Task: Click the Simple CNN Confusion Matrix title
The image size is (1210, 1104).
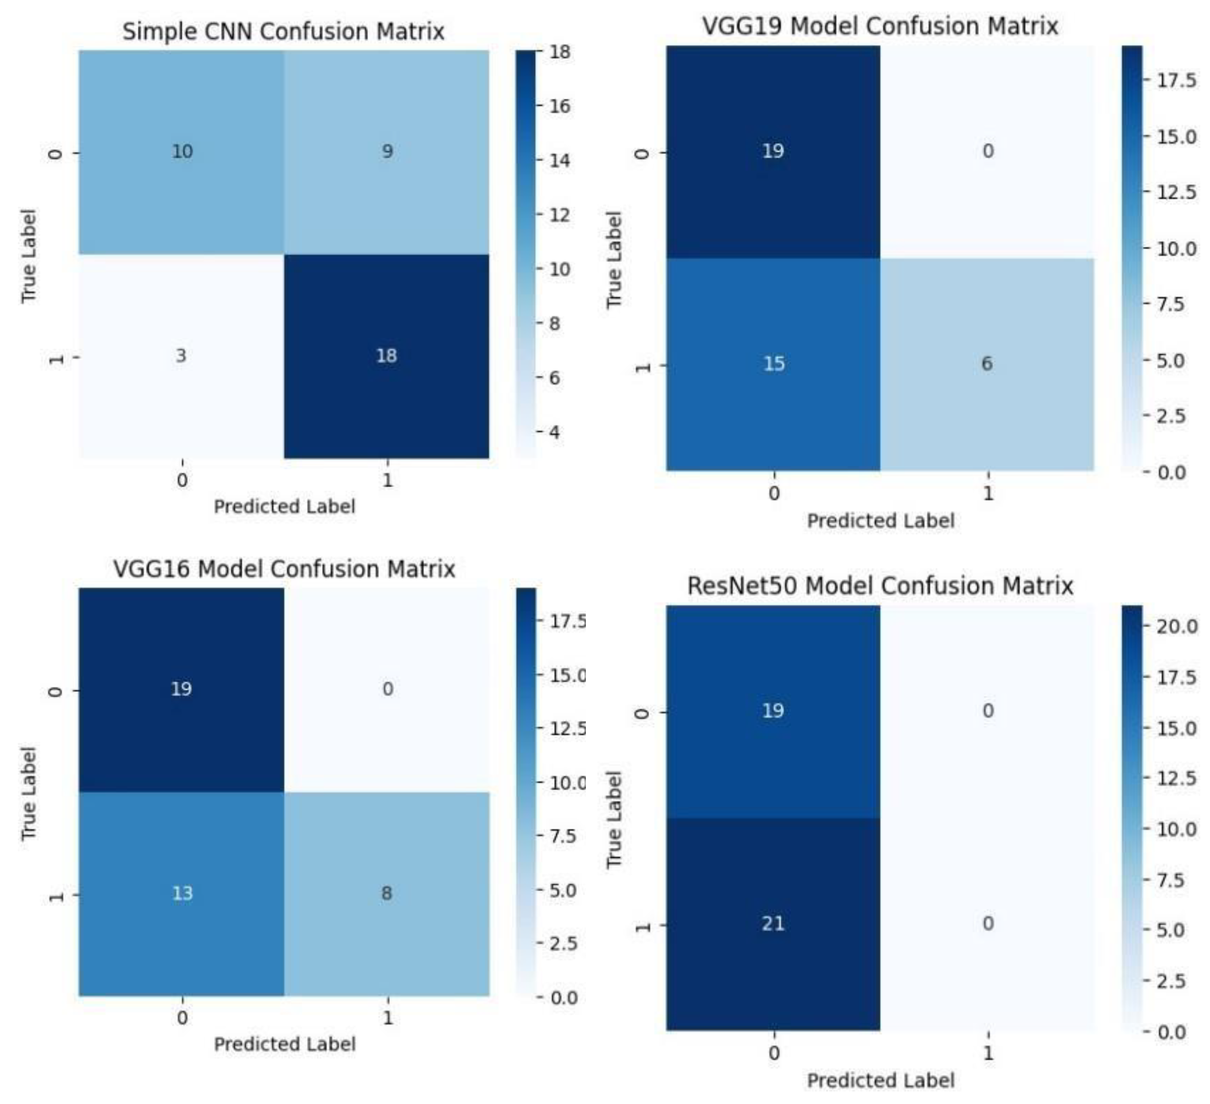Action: (x=283, y=31)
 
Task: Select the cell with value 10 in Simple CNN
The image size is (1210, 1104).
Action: (x=182, y=151)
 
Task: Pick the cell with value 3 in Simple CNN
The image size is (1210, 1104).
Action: (x=181, y=356)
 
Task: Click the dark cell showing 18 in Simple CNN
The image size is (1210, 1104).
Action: (x=387, y=356)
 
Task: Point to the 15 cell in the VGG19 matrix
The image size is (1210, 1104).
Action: (x=774, y=364)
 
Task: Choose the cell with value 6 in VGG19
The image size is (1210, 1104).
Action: (x=987, y=364)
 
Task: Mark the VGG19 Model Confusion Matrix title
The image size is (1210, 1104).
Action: (x=880, y=26)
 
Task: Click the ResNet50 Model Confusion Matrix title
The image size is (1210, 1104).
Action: (x=880, y=586)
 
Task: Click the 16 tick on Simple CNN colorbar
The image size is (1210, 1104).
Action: (x=559, y=107)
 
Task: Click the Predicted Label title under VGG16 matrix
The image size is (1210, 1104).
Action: (x=285, y=1044)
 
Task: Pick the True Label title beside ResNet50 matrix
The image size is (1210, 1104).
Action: (x=613, y=819)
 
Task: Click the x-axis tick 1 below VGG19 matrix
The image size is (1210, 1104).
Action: (x=988, y=493)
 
